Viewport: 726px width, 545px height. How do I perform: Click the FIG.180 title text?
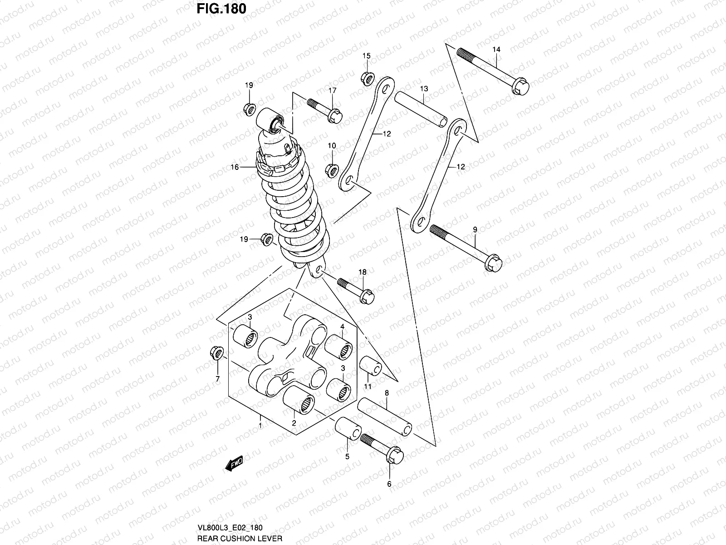(x=221, y=9)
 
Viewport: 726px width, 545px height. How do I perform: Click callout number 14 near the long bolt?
(x=496, y=49)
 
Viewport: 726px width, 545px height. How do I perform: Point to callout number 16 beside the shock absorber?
(x=235, y=167)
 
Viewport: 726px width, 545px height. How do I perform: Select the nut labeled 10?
(x=332, y=170)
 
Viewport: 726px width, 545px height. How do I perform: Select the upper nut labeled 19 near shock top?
(x=249, y=109)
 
